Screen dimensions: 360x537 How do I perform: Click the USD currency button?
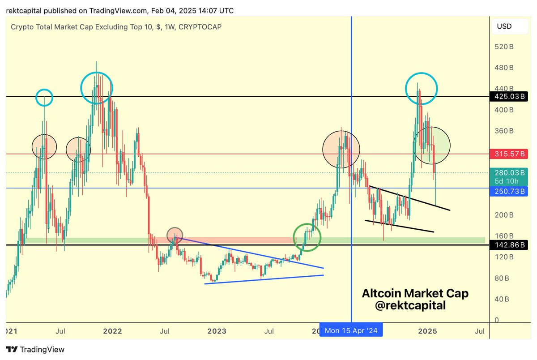pos(507,26)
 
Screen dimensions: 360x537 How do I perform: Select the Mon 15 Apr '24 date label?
pos(351,331)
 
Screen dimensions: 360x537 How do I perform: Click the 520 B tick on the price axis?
pos(504,47)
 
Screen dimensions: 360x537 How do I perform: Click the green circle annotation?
pos(307,237)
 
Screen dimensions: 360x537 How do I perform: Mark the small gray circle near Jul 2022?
pos(175,235)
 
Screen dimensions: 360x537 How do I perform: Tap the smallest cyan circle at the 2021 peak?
pos(44,97)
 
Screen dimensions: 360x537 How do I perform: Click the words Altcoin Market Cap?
pos(415,294)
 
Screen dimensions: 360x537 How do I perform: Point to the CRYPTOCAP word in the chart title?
pos(200,27)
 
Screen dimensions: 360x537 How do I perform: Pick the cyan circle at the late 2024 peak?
pos(421,87)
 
